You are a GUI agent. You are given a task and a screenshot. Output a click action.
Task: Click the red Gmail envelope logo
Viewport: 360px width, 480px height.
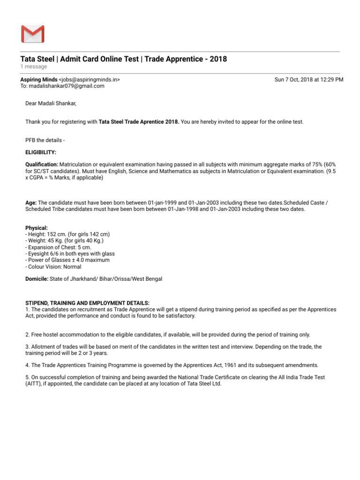pyautogui.click(x=32, y=34)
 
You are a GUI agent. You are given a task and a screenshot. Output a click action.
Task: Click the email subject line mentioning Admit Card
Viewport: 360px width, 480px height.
pyautogui.click(x=124, y=59)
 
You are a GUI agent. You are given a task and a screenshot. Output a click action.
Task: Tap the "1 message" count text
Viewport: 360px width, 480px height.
pyautogui.click(x=34, y=67)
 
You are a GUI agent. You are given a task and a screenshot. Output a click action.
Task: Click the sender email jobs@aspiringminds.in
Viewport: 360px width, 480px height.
pyautogui.click(x=90, y=80)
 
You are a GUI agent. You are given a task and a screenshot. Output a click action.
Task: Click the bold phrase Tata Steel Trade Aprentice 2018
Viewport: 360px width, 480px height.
pyautogui.click(x=139, y=122)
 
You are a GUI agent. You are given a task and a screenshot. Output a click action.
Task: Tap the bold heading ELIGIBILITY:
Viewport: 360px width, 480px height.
pyautogui.click(x=41, y=152)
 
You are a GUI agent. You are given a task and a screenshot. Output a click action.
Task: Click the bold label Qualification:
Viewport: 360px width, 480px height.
pyautogui.click(x=42, y=165)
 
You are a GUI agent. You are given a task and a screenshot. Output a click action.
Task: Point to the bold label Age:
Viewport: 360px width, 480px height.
pyautogui.click(x=31, y=202)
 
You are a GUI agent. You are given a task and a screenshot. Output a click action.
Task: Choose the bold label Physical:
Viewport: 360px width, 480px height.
pyautogui.click(x=37, y=227)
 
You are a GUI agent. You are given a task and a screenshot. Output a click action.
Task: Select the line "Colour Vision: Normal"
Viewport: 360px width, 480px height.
pyautogui.click(x=54, y=267)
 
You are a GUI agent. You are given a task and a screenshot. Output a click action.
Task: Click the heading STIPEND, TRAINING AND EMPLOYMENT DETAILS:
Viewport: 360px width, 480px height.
pyautogui.click(x=87, y=303)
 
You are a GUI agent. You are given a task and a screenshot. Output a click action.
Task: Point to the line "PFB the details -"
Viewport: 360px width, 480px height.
pyautogui.click(x=46, y=140)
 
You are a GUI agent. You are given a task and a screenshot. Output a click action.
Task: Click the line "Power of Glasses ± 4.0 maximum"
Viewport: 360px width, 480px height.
pyautogui.click(x=68, y=260)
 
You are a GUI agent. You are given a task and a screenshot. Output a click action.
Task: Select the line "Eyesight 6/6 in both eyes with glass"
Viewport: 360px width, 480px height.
pyautogui.click(x=71, y=254)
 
